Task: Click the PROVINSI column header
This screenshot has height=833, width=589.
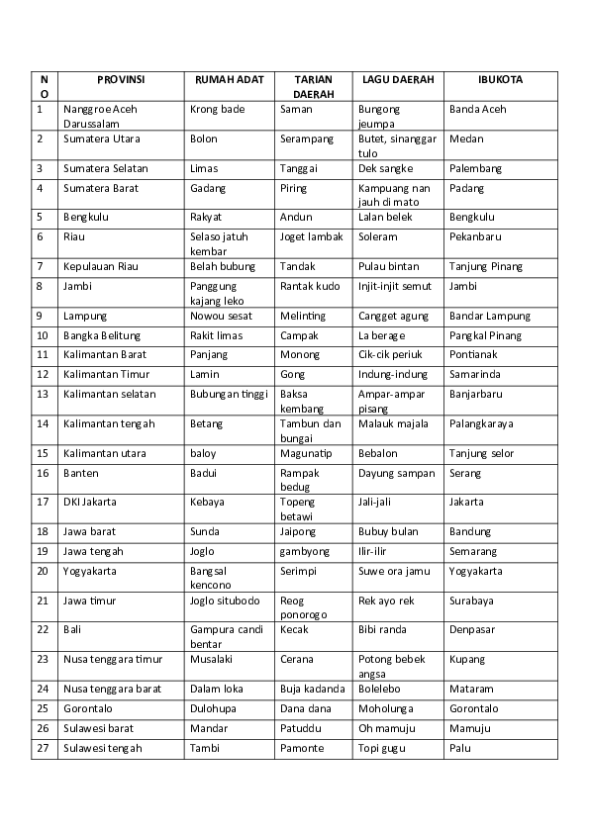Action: tap(121, 79)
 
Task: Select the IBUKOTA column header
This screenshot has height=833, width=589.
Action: tap(500, 79)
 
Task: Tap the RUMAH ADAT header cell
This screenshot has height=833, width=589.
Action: tap(229, 79)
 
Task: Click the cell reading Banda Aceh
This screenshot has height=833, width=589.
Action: tap(477, 109)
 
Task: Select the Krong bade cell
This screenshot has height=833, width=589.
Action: tap(217, 109)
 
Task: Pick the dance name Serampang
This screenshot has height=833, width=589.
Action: tap(307, 139)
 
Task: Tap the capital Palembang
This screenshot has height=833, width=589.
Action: tap(475, 169)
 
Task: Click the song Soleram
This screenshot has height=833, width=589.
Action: tap(377, 237)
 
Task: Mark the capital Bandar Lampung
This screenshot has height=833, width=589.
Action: tap(489, 317)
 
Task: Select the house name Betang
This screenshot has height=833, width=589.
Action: tap(205, 423)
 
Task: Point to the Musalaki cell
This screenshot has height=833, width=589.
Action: tap(212, 659)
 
